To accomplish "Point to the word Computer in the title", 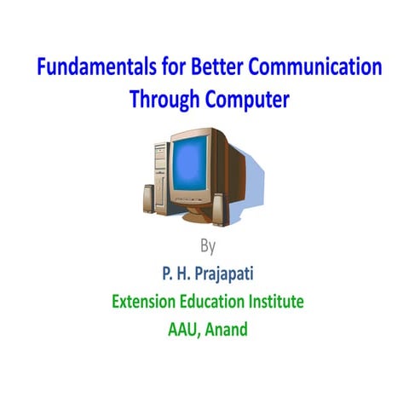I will pos(245,99).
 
